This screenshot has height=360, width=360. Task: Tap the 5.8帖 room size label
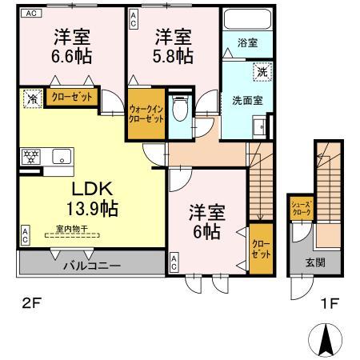(x=173, y=56)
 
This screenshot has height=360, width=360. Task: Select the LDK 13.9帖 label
(x=93, y=199)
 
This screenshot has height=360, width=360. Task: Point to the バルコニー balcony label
(x=92, y=264)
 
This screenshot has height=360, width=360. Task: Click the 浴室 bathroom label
(x=246, y=45)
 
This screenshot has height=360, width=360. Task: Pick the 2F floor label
(x=30, y=303)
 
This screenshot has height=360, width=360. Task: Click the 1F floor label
(x=330, y=303)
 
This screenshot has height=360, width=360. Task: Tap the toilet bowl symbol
(x=180, y=106)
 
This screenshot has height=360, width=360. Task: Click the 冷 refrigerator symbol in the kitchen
(x=30, y=101)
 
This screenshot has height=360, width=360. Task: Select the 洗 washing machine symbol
(x=262, y=73)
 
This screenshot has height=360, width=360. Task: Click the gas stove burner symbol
(x=31, y=157)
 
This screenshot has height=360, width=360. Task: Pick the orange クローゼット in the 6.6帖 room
(x=71, y=98)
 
